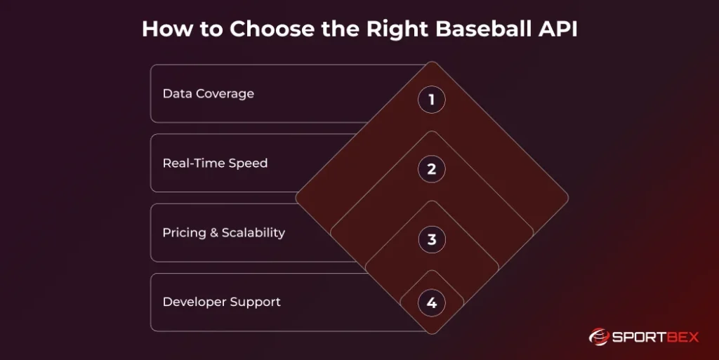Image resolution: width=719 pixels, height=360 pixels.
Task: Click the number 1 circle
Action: pos(432,100)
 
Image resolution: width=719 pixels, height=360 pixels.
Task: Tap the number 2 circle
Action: pos(432,169)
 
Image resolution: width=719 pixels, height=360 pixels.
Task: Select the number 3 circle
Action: pos(432,239)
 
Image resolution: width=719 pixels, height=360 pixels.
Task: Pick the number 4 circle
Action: pos(432,302)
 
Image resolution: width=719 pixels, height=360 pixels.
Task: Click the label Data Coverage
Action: pos(208,94)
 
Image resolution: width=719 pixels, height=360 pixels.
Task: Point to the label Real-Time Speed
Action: pos(215,164)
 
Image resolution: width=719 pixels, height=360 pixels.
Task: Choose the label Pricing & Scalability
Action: pos(224,233)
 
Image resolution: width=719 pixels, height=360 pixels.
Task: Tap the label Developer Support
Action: pos(221,302)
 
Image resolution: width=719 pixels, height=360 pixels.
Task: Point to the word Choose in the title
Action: pos(272,29)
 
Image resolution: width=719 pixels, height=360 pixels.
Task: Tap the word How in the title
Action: pos(168,29)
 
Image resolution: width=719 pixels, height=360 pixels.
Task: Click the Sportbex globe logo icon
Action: pos(599,337)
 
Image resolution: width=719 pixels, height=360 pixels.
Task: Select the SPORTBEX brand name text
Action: pos(655,338)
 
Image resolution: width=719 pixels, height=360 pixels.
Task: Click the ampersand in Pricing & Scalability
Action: pos(214,233)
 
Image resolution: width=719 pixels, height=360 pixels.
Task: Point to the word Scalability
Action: pos(253,233)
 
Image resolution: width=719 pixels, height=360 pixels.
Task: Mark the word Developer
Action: pos(194,302)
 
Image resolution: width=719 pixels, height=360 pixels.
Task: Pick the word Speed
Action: pos(248,164)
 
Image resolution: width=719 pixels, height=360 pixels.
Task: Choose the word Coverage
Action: pos(228,94)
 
